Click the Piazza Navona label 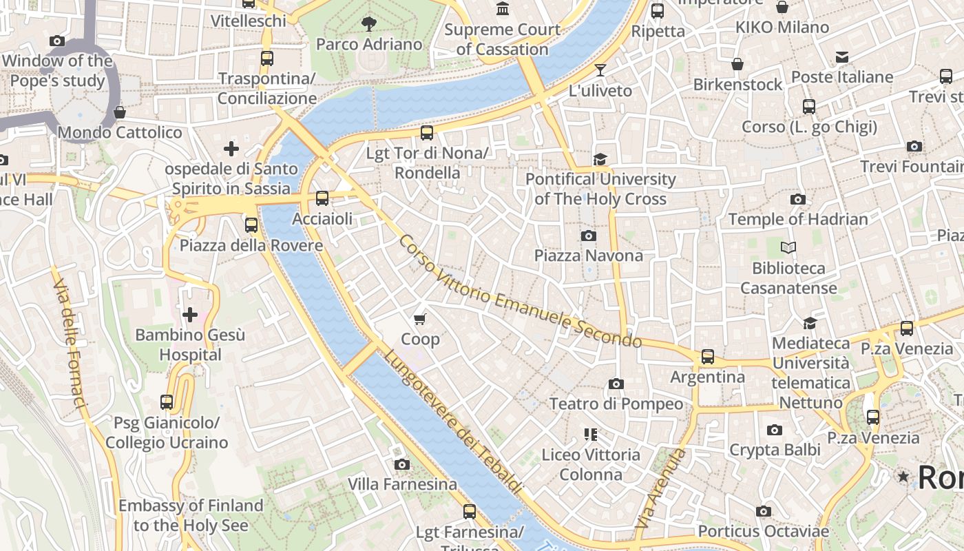589,256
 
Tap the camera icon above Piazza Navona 588,236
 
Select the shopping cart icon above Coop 420,319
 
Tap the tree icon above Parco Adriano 369,24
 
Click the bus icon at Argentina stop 707,357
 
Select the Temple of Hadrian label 798,219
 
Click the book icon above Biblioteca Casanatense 788,247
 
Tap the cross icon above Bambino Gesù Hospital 189,315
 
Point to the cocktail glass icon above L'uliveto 600,70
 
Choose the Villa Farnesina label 402,484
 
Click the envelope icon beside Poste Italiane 841,57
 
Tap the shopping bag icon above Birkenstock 737,64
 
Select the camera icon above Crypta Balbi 775,430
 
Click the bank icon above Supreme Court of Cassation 503,9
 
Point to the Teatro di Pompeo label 616,404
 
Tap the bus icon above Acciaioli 322,198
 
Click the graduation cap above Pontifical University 600,159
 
